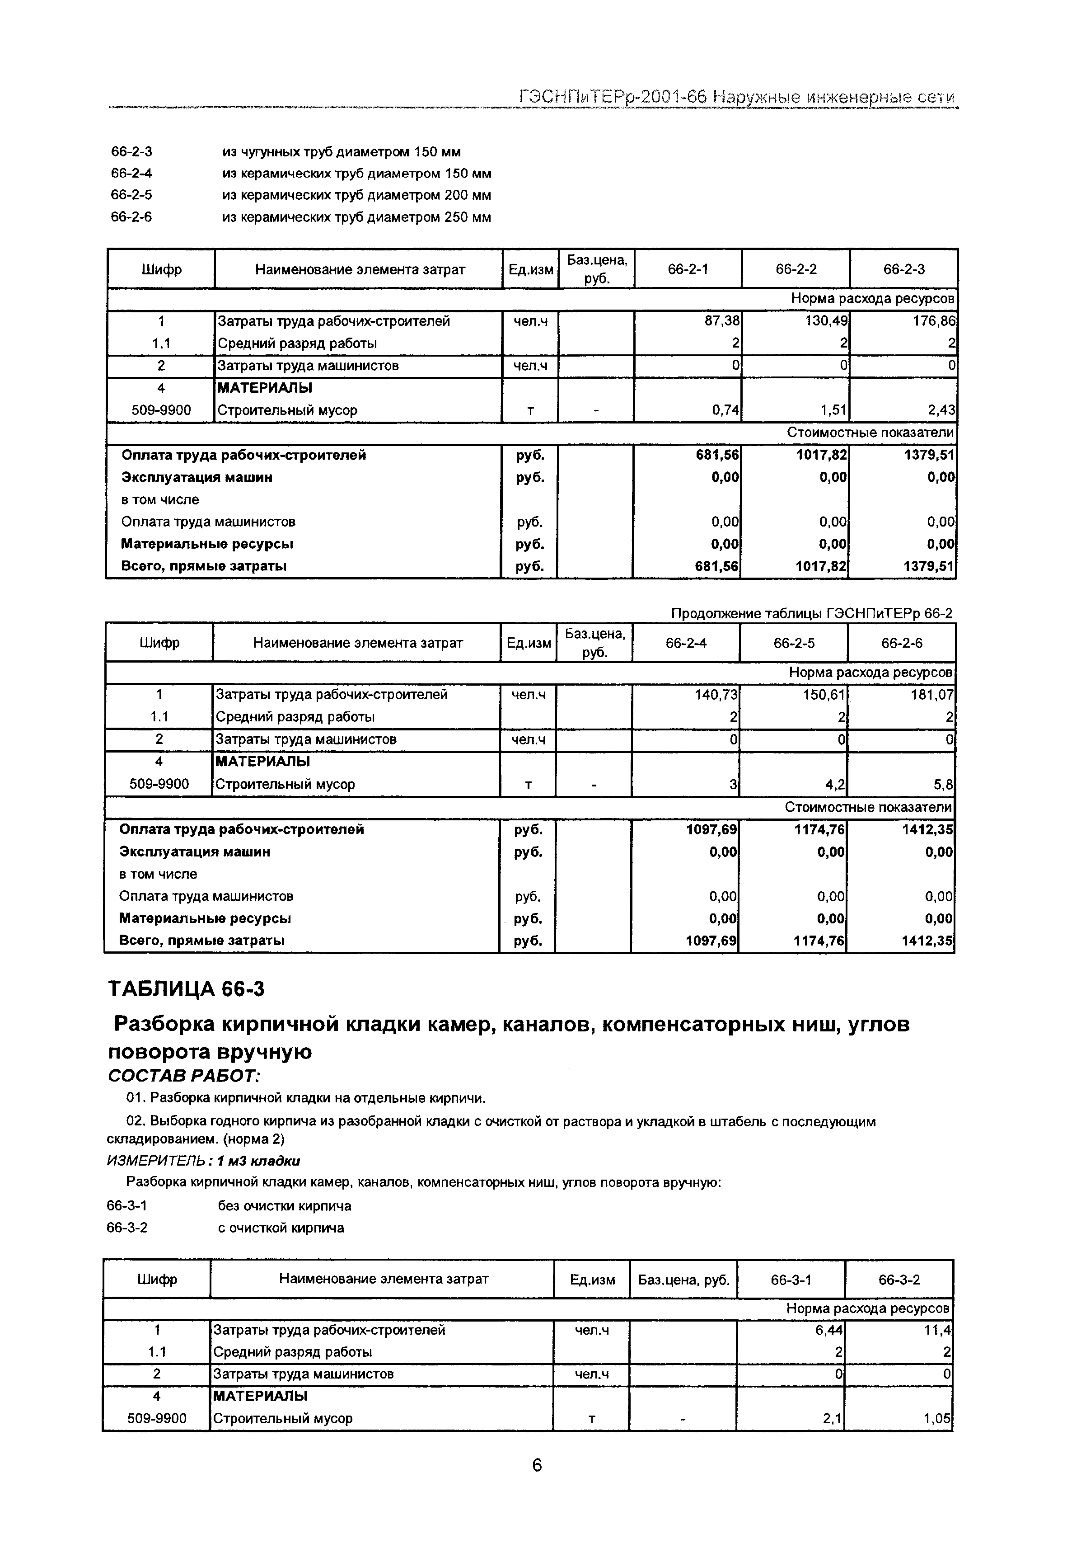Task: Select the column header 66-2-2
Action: pos(796,269)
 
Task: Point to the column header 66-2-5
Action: pos(794,643)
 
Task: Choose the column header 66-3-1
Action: pos(791,1279)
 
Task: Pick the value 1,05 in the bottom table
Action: pos(937,1418)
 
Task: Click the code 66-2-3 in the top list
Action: pos(132,152)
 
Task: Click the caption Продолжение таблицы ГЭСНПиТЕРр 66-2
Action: pos(811,613)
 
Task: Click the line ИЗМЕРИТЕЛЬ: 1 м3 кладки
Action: pos(203,1161)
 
